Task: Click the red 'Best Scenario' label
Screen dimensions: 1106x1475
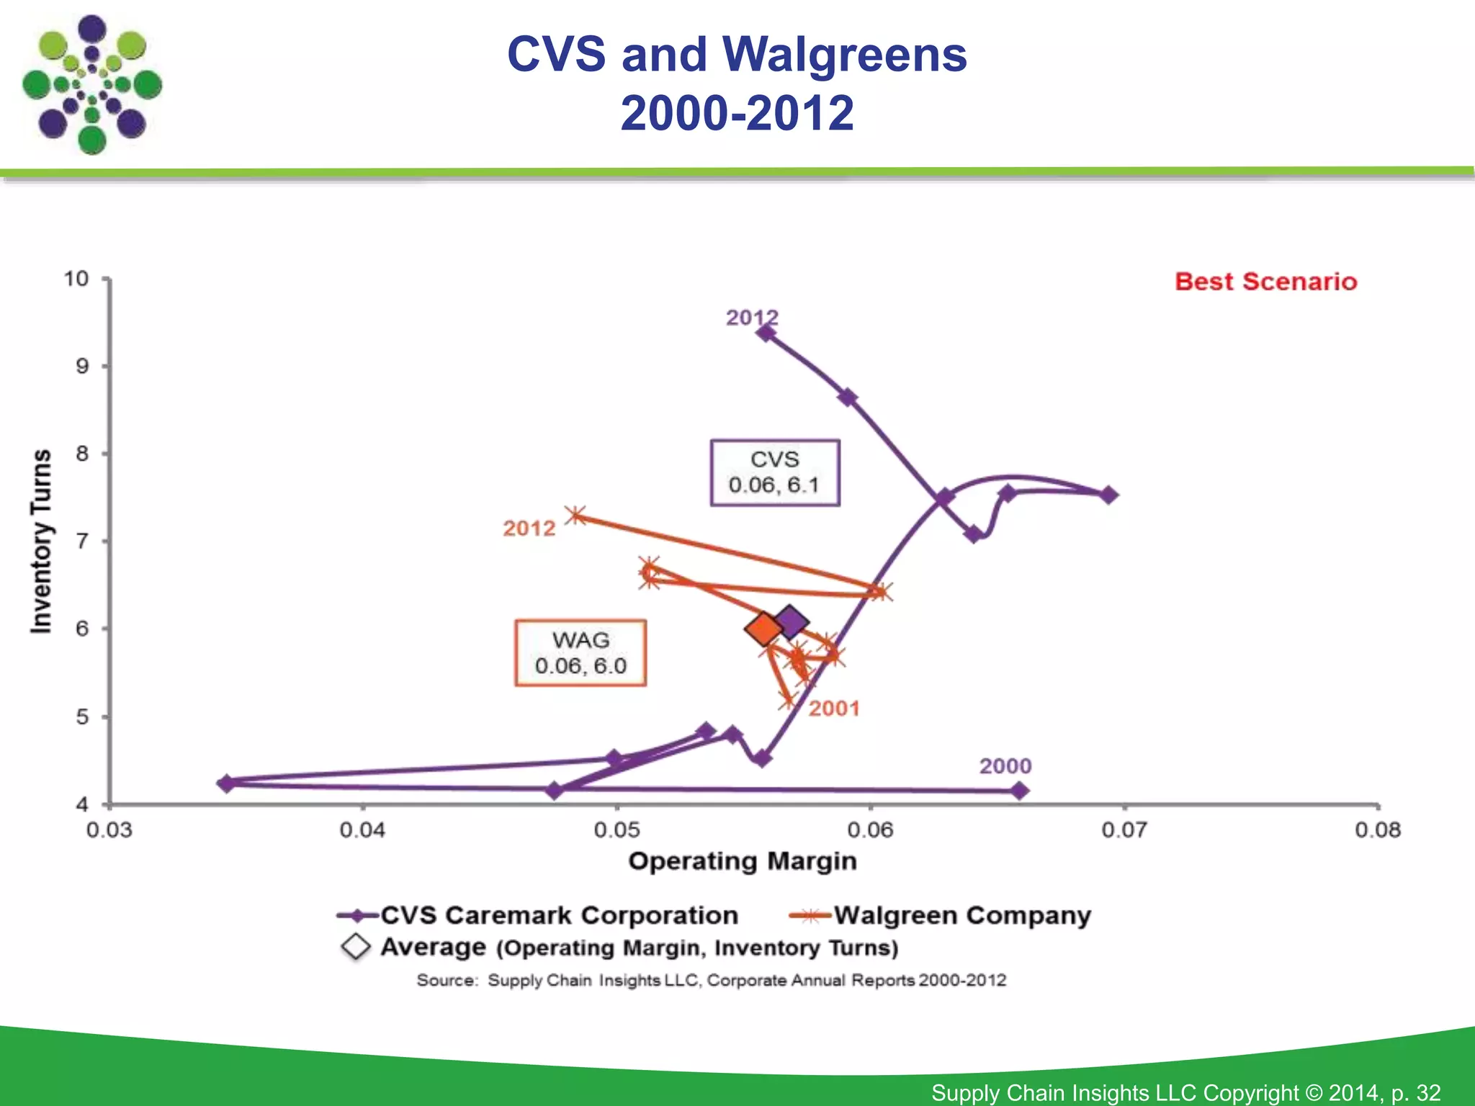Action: click(1265, 282)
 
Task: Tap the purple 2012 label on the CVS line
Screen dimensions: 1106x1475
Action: click(751, 318)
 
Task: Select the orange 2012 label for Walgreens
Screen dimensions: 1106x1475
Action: click(529, 529)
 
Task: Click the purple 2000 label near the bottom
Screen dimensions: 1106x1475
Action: click(1005, 766)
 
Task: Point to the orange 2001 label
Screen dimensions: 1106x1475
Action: click(833, 709)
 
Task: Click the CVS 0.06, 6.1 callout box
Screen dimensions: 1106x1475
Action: click(775, 472)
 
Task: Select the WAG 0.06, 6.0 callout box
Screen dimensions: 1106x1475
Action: click(580, 653)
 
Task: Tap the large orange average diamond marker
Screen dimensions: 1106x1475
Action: click(763, 629)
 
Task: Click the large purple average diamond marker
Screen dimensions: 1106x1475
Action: click(791, 621)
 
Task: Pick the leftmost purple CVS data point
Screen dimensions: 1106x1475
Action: click(226, 783)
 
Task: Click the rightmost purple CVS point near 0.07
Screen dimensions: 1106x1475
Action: click(1109, 495)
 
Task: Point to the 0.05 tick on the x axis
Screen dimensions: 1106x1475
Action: click(617, 830)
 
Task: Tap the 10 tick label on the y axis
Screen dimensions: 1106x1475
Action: click(76, 279)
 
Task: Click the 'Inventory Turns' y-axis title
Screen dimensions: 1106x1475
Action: click(41, 541)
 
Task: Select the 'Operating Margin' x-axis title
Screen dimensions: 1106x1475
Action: click(743, 861)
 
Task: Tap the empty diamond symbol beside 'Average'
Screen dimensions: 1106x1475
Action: click(356, 947)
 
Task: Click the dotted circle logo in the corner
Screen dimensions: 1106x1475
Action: click(91, 84)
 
